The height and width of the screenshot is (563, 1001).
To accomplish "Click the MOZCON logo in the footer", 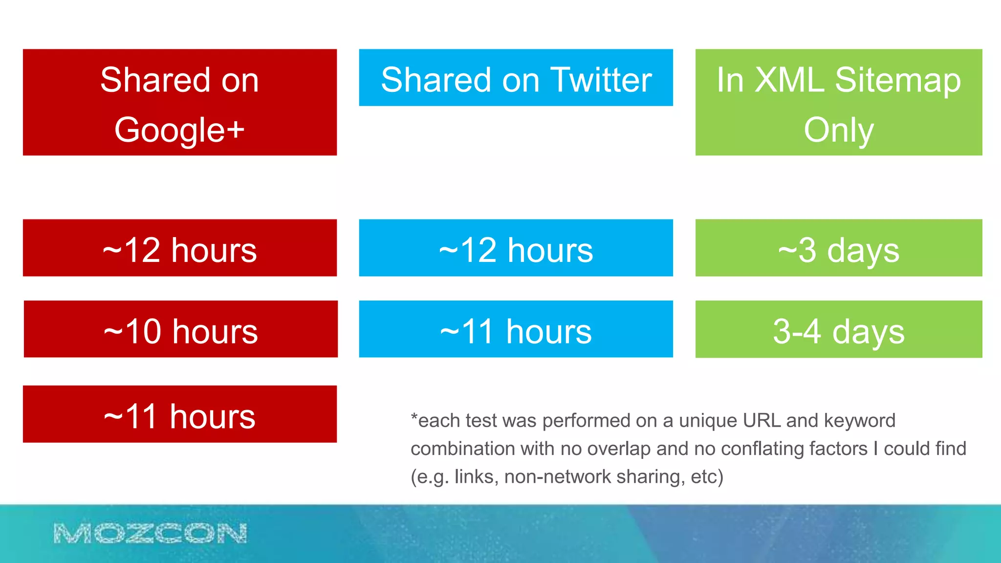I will [x=150, y=533].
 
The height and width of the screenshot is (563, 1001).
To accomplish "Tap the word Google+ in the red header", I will [x=179, y=130].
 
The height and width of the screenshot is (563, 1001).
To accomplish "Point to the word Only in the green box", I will [x=838, y=130].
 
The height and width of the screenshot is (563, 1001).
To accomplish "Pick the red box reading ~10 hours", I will [x=180, y=329].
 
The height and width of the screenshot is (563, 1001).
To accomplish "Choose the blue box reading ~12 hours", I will [x=516, y=248].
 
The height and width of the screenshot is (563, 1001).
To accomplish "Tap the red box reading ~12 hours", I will [x=179, y=248].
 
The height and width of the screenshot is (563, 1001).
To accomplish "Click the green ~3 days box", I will [x=838, y=248].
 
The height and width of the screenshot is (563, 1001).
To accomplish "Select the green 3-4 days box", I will [x=838, y=329].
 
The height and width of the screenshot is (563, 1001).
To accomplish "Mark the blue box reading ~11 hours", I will [x=516, y=329].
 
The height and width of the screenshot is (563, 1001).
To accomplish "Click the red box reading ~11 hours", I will [x=179, y=414].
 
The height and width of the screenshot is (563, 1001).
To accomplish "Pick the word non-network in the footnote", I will [x=557, y=476].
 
